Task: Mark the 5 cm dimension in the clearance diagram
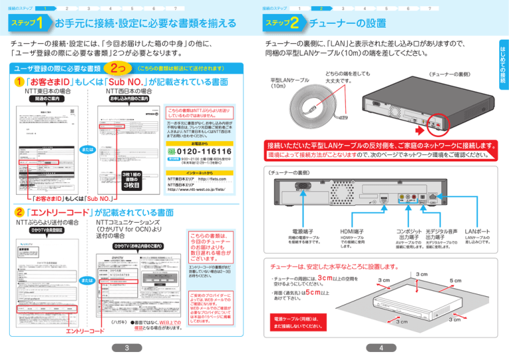[454, 280]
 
